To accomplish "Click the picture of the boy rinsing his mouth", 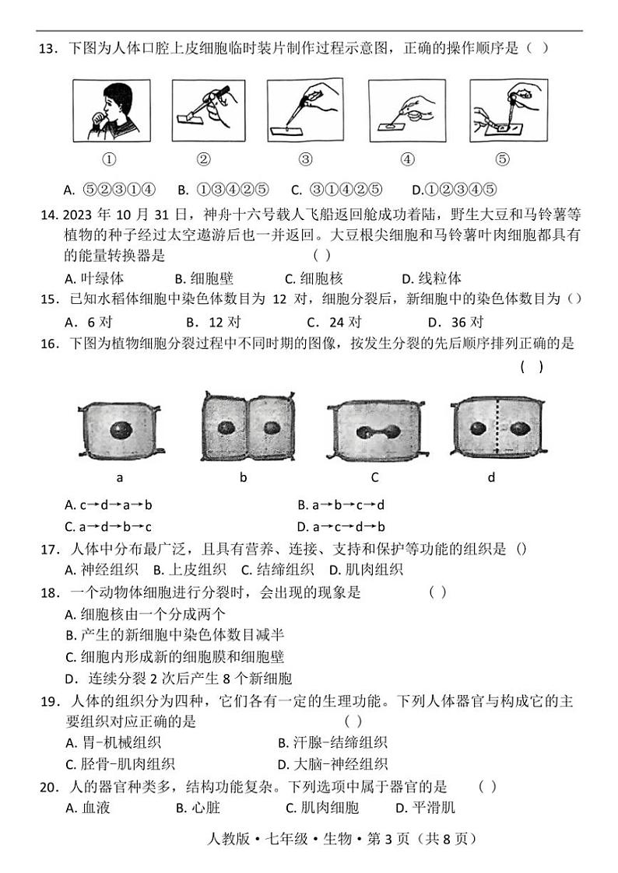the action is pos(110,110).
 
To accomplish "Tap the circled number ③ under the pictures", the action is pos(305,159).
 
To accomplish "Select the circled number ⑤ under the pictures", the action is pos(502,159).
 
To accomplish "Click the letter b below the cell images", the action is pos(243,477).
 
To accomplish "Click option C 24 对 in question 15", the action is pos(334,322).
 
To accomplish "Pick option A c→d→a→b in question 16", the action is pos(109,505).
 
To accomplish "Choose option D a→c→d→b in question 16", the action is pos(342,526).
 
